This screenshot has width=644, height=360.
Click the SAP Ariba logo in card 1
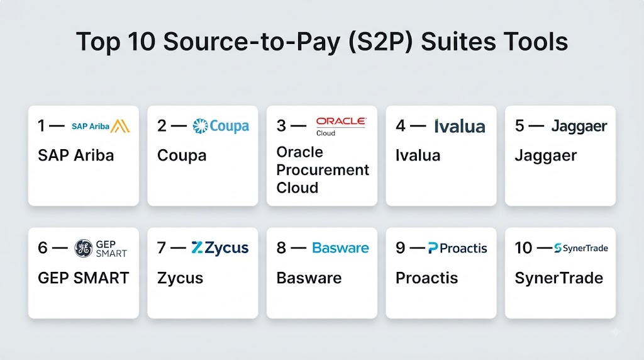point(101,126)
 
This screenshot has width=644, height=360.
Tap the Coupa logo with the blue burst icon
point(221,126)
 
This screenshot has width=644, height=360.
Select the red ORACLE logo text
point(340,121)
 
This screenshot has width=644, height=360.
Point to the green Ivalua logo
point(460,126)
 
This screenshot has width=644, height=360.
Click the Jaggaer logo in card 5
point(579,127)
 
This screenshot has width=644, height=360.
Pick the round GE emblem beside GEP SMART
point(84,248)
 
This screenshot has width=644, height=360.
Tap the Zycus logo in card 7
point(219,248)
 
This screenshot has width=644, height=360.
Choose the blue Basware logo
point(340,248)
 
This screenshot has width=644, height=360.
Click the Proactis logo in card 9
point(458,248)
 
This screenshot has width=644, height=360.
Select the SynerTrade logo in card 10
point(580,248)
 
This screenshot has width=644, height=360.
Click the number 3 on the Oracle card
point(281,126)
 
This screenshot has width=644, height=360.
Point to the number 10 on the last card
point(523,248)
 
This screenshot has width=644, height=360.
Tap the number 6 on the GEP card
point(42,248)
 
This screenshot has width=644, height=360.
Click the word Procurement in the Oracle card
point(323,170)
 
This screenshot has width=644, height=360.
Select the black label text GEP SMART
point(84,278)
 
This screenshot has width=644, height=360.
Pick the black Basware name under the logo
point(309,278)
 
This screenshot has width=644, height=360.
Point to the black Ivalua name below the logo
point(418,155)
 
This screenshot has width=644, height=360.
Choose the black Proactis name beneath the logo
point(427,278)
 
